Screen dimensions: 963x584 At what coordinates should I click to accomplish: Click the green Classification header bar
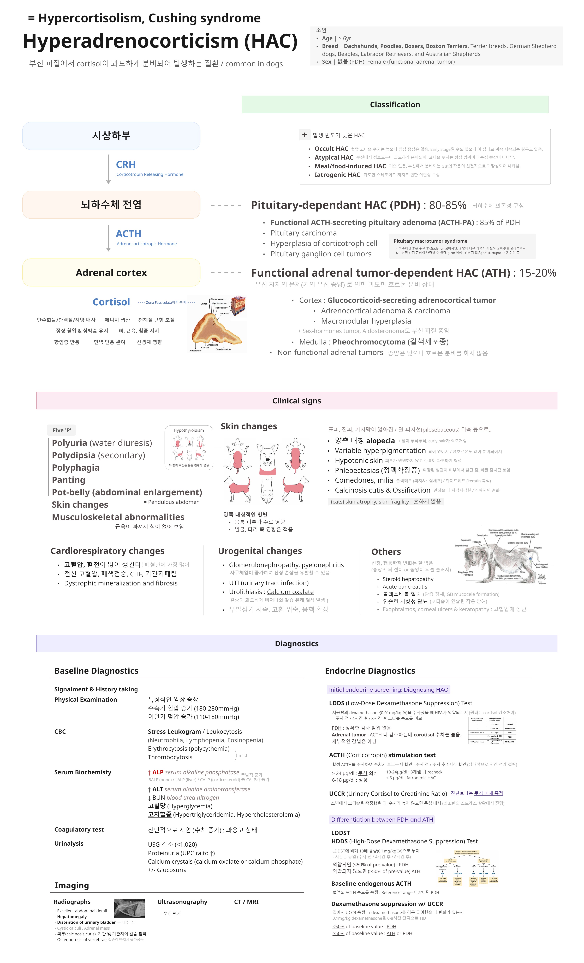coord(395,104)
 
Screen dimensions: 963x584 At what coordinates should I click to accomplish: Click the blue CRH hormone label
coord(126,165)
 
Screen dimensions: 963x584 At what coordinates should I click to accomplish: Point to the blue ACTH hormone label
coord(128,234)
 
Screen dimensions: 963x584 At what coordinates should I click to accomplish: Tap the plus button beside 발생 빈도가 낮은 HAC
coord(304,135)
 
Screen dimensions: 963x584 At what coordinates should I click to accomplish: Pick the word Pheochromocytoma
coord(369,342)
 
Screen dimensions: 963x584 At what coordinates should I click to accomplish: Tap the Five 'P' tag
coord(61,430)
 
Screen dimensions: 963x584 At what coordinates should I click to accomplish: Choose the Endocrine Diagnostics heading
coord(370,671)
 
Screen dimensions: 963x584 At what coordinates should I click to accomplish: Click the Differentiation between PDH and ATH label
coord(382,820)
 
